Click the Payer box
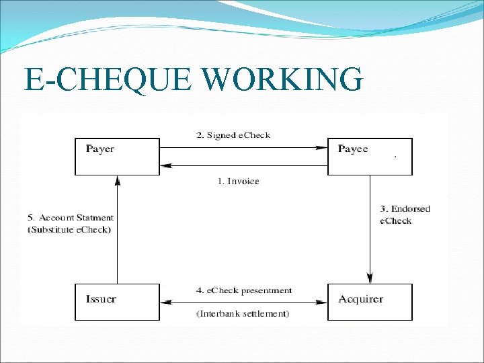click(x=117, y=156)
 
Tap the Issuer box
click(x=117, y=301)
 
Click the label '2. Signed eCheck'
click(x=233, y=135)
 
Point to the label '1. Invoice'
click(x=238, y=181)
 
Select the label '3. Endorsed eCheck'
click(x=405, y=214)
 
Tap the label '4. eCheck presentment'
click(x=244, y=290)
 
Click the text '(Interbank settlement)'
click(x=243, y=314)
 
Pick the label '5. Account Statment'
click(x=71, y=218)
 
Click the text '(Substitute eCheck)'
click(x=69, y=229)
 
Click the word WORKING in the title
click(x=282, y=79)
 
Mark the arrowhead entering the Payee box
click(x=323, y=148)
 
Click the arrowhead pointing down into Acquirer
click(x=370, y=278)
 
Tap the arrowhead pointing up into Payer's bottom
click(x=118, y=180)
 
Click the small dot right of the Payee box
click(x=395, y=156)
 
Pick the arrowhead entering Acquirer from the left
click(x=323, y=300)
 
